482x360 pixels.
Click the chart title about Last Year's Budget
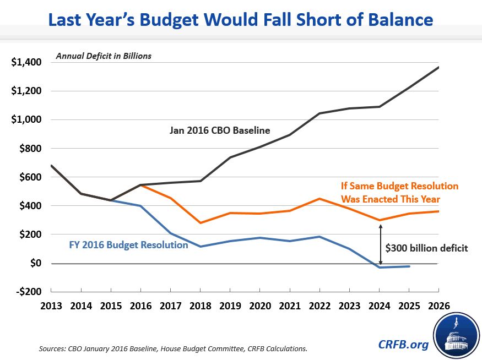[x=241, y=20]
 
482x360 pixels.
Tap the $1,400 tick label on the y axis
[x=26, y=62]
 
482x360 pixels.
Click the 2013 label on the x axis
[x=51, y=306]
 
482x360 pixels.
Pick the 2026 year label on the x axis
[x=438, y=306]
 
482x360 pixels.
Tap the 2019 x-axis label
[x=230, y=306]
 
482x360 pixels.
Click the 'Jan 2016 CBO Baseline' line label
[x=220, y=130]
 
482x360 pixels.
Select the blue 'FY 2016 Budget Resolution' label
[x=129, y=244]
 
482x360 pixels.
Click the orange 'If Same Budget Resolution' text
[x=399, y=186]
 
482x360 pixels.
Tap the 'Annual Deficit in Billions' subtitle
[x=103, y=56]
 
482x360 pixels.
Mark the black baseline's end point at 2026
[x=438, y=67]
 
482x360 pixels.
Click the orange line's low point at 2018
[x=200, y=223]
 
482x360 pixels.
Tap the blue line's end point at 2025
[x=409, y=266]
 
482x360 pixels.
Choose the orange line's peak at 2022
[x=319, y=199]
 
